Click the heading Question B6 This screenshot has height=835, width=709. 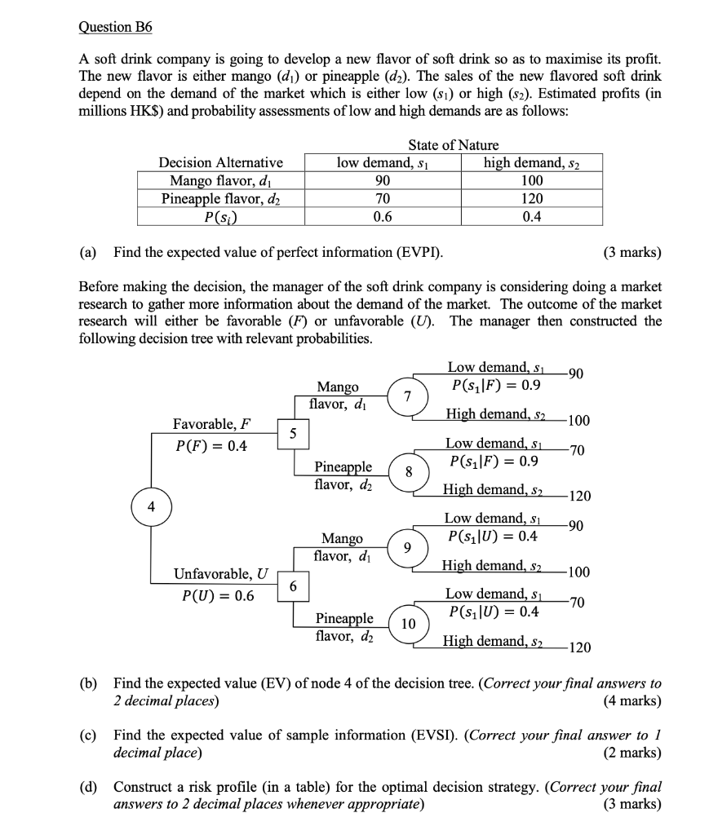click(x=115, y=27)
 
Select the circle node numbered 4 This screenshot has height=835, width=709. click(x=150, y=506)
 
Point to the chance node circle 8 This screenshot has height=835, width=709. click(x=410, y=472)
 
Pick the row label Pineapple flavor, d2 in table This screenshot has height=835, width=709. click(x=220, y=198)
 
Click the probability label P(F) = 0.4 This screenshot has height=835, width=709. click(x=212, y=445)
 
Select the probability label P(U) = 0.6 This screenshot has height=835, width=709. click(x=215, y=595)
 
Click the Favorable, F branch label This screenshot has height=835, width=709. click(x=211, y=423)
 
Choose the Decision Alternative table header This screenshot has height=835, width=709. click(x=220, y=162)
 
